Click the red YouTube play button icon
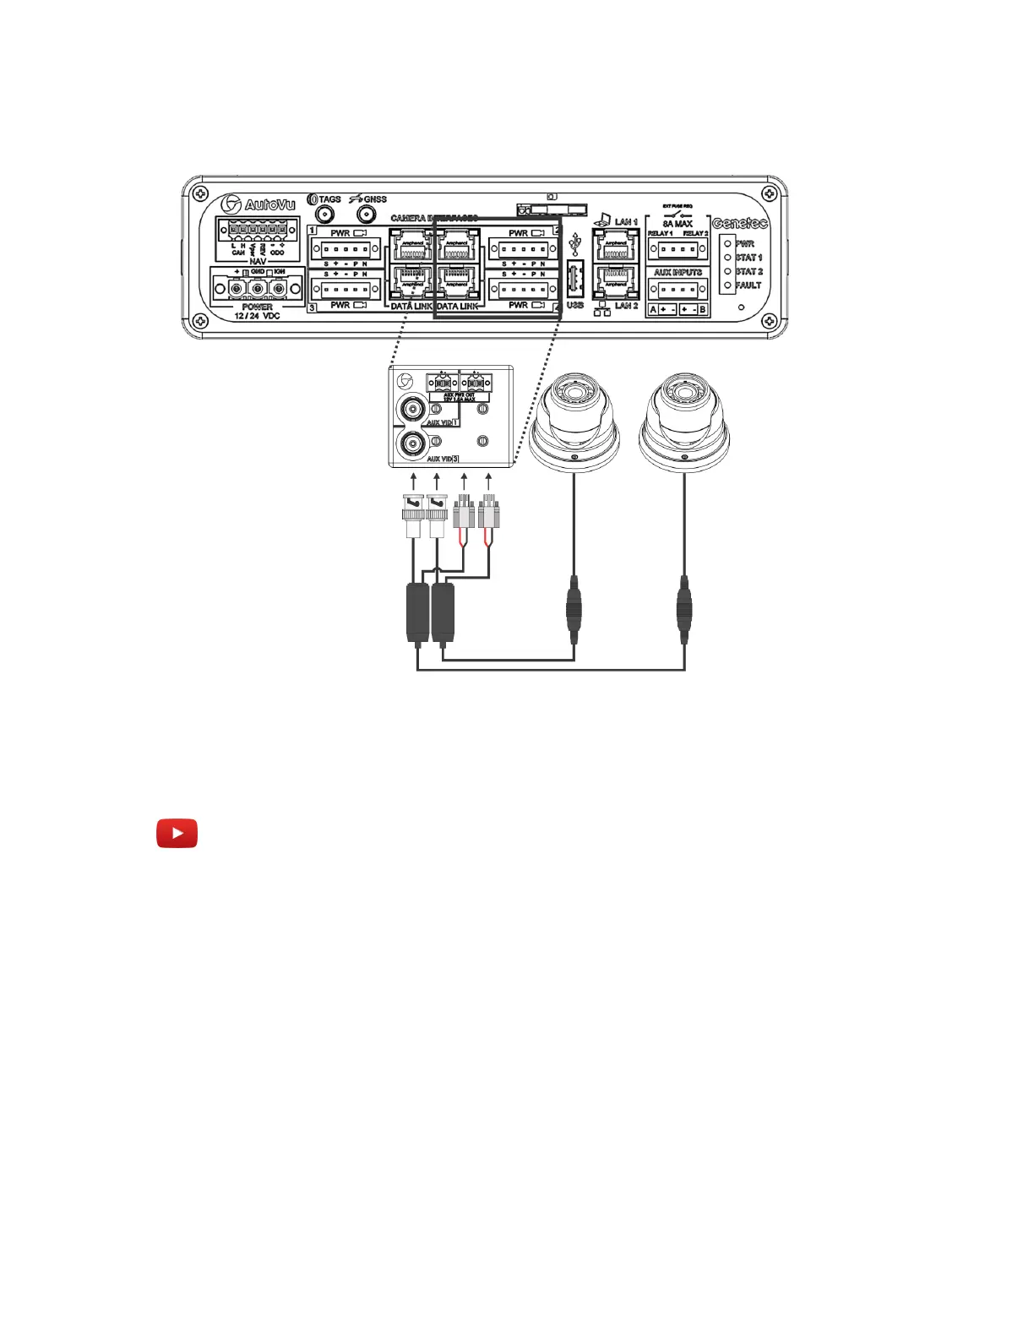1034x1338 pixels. pyautogui.click(x=177, y=833)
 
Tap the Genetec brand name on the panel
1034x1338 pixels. pyautogui.click(x=739, y=223)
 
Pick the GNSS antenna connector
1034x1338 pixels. pyautogui.click(x=366, y=215)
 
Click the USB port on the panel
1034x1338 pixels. pyautogui.click(x=574, y=278)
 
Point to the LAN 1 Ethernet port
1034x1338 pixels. pyautogui.click(x=616, y=245)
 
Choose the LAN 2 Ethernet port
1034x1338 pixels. pyautogui.click(x=616, y=282)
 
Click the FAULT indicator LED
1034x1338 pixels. pyautogui.click(x=727, y=286)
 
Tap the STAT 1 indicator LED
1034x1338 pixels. pyautogui.click(x=727, y=258)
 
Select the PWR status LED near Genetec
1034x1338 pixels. pyautogui.click(x=727, y=243)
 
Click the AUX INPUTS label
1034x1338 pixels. pyautogui.click(x=678, y=273)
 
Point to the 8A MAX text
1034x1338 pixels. pyautogui.click(x=678, y=224)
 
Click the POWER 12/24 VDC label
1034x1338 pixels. pyautogui.click(x=257, y=311)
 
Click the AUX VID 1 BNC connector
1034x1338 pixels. pyautogui.click(x=413, y=410)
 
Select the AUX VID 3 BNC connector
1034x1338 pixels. pyautogui.click(x=413, y=443)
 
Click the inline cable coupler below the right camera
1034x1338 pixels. pyautogui.click(x=683, y=604)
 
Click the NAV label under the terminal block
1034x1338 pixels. pyautogui.click(x=258, y=262)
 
